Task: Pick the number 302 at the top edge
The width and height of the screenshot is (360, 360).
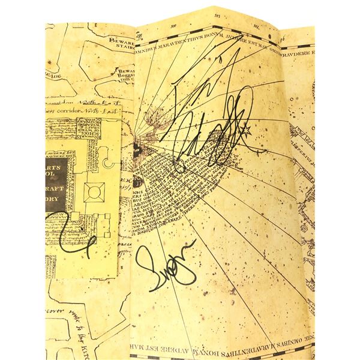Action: [255, 27]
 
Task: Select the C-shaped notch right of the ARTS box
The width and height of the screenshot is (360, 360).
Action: [109, 163]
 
